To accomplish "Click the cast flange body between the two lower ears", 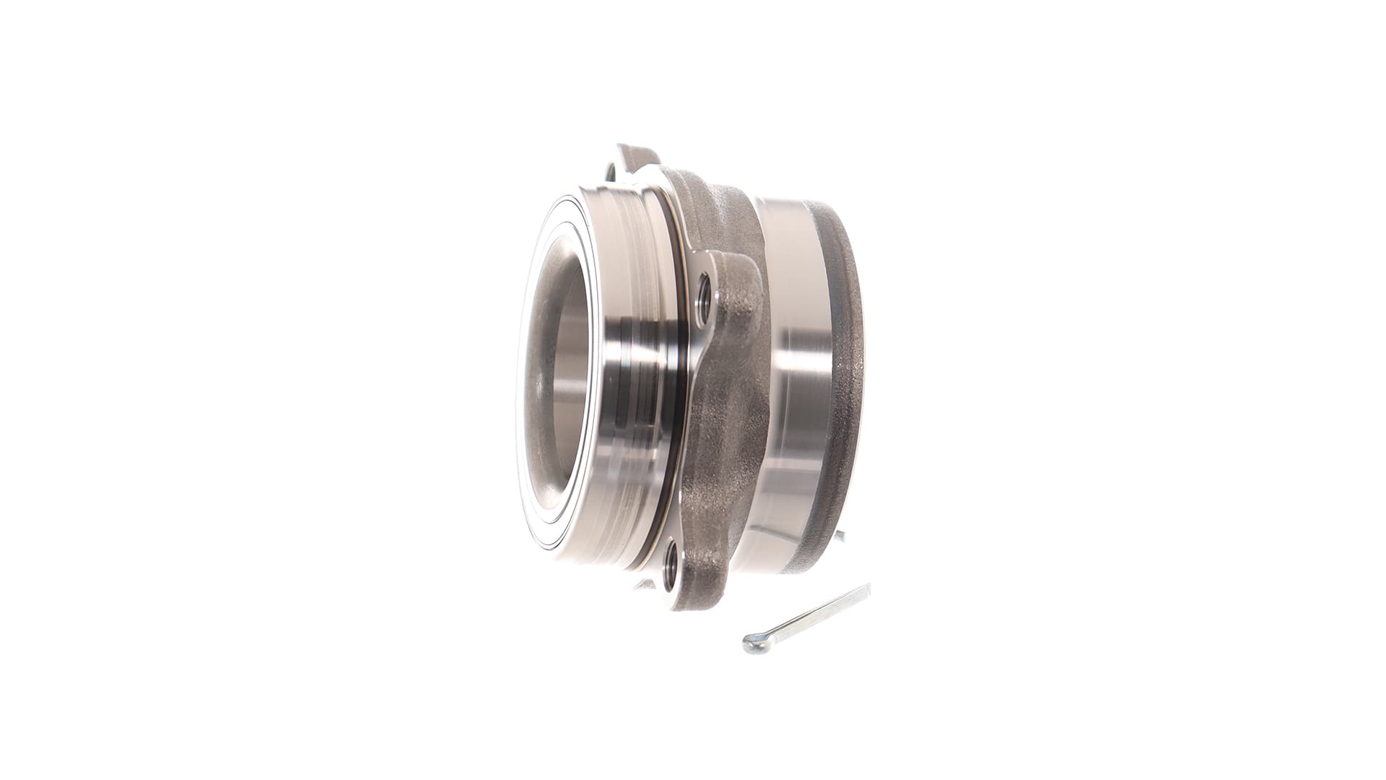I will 722,433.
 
